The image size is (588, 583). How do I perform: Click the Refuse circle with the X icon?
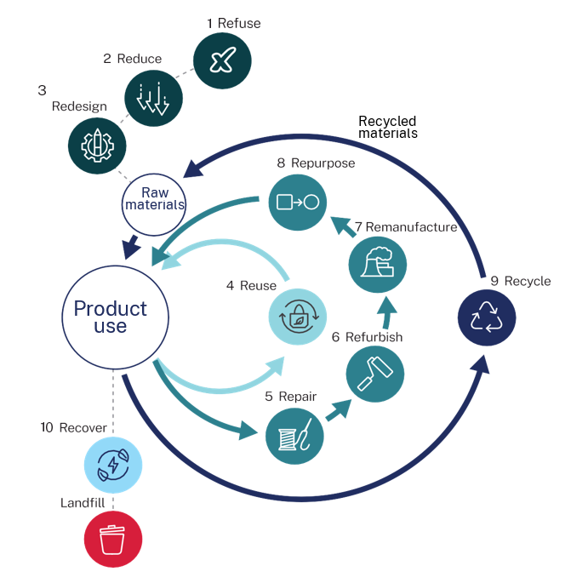point(222,60)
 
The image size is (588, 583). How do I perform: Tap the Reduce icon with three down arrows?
point(153,98)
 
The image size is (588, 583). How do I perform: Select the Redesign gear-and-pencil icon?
point(97,146)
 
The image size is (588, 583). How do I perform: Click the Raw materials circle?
point(154,204)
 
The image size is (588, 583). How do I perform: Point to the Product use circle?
point(115,317)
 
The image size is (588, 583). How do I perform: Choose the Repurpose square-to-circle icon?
point(298,203)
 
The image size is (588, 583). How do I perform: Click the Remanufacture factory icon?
point(378,265)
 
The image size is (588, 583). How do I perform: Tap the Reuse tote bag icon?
point(298,317)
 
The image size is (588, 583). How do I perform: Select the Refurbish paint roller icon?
point(375,374)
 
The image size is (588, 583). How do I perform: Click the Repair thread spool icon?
point(294,437)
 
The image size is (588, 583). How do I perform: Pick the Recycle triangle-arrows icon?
point(487,317)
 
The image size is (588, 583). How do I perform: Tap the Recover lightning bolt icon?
point(113,465)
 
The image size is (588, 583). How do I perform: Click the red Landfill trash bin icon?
point(113,539)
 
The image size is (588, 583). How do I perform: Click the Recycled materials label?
point(388,127)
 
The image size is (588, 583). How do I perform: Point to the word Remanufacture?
point(411,227)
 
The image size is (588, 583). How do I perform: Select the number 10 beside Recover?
point(47,427)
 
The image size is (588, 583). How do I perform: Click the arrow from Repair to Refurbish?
point(339,409)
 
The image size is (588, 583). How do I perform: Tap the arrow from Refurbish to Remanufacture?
point(387,312)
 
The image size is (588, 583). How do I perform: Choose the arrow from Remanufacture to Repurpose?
point(343,226)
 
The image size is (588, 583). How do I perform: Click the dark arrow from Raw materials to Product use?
point(132,247)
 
